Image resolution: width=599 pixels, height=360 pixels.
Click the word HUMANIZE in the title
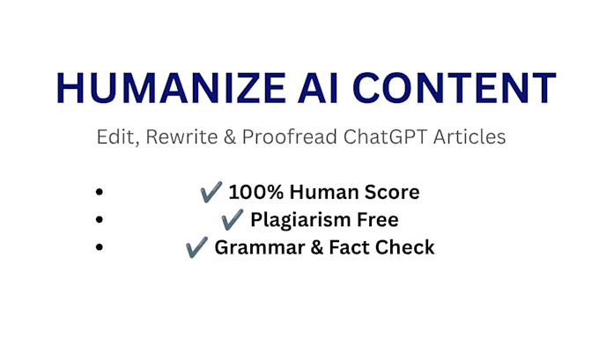pyautogui.click(x=171, y=88)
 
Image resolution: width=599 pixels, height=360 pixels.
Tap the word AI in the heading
pyautogui.click(x=318, y=88)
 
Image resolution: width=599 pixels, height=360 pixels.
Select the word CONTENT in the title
pyautogui.click(x=455, y=88)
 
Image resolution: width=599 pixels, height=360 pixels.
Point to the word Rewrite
pyautogui.click(x=181, y=136)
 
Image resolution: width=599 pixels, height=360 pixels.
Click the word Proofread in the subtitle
pyautogui.click(x=290, y=136)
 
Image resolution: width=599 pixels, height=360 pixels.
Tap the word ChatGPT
pyautogui.click(x=385, y=136)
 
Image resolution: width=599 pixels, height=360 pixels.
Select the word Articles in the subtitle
pyautogui.click(x=470, y=136)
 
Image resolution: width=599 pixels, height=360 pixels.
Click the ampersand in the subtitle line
pyautogui.click(x=230, y=136)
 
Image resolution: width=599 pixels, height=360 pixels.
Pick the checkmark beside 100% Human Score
pyautogui.click(x=211, y=192)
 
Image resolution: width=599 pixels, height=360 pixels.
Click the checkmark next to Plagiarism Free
pyautogui.click(x=232, y=219)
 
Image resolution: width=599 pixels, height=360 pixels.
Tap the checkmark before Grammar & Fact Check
pyautogui.click(x=196, y=247)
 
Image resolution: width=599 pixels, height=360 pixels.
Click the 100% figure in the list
pyautogui.click(x=256, y=192)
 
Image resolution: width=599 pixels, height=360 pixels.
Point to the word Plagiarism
pyautogui.click(x=300, y=220)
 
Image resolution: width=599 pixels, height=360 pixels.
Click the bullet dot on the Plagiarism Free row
pyautogui.click(x=100, y=219)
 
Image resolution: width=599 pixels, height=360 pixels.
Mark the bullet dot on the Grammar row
pyautogui.click(x=100, y=247)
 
